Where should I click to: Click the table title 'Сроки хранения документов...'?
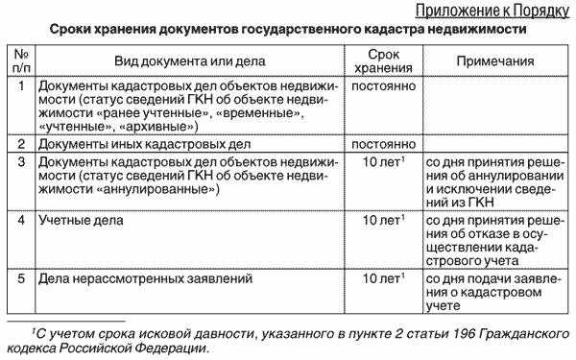tap(287, 30)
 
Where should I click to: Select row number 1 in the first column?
tap(21, 86)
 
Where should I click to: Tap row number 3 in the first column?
tap(21, 162)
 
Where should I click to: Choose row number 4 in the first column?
tap(21, 221)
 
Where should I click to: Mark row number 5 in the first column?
tap(21, 279)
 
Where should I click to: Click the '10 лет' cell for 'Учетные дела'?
tap(382, 221)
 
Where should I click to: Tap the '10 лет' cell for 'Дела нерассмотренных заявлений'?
tap(382, 279)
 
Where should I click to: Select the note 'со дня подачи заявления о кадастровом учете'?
tap(498, 293)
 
